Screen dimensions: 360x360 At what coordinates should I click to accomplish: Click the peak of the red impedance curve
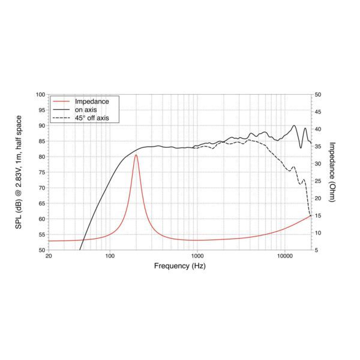[136, 155]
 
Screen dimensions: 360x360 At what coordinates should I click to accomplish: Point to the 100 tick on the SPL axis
[40, 94]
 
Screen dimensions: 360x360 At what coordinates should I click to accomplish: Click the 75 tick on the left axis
[41, 172]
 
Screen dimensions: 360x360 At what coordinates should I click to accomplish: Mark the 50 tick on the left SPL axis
[41, 250]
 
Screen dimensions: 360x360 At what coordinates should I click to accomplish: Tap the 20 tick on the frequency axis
[49, 256]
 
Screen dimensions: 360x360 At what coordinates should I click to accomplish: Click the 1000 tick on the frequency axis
[197, 256]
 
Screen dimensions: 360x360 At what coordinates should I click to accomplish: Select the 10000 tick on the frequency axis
[284, 256]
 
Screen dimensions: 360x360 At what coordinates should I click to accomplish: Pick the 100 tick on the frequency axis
[109, 256]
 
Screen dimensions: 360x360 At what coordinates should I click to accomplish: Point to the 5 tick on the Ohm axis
[317, 250]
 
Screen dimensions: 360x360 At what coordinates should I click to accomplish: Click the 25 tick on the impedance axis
[318, 181]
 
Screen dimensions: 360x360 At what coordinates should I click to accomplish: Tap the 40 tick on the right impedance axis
[318, 129]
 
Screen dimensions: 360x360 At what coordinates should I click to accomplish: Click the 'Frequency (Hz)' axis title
[179, 266]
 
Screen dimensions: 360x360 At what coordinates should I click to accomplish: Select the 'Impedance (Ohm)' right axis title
[333, 172]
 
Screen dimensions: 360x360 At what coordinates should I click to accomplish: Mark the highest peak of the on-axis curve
[294, 126]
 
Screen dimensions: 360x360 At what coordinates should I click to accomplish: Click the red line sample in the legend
[59, 101]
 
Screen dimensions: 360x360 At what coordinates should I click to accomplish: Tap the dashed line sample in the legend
[59, 118]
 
